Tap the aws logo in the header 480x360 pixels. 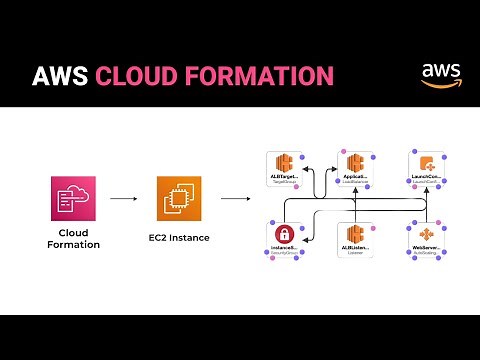pos(440,75)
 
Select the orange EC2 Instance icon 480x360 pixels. pos(178,198)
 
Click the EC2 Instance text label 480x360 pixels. pos(178,240)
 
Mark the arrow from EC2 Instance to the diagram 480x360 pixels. pos(235,199)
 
